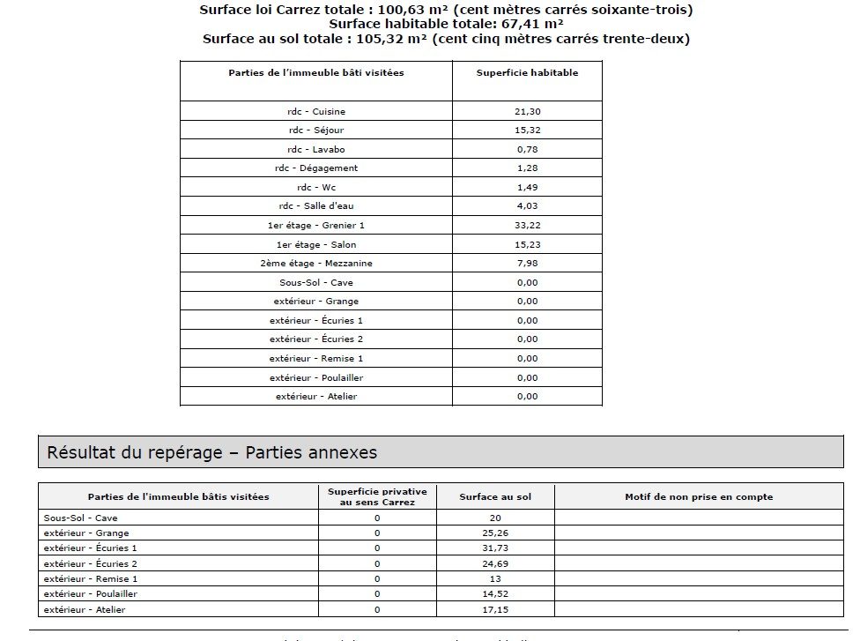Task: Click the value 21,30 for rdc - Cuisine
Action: [527, 112]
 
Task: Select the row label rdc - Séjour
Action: [315, 130]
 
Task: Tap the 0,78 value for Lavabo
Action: [527, 150]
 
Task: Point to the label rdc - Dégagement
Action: [315, 168]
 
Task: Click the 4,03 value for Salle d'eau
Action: [527, 206]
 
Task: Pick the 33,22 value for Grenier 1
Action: [527, 226]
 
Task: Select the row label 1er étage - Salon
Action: [315, 244]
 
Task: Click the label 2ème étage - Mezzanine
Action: [315, 264]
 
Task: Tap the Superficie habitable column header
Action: [527, 73]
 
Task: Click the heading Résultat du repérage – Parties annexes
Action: [211, 452]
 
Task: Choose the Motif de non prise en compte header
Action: [699, 497]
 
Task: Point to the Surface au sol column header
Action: [495, 497]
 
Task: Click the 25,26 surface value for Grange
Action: [495, 533]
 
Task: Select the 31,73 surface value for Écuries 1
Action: [495, 548]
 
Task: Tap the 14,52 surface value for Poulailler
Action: [495, 594]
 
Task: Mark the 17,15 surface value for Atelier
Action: [495, 609]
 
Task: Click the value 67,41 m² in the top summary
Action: [525, 25]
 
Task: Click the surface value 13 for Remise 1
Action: [495, 579]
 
